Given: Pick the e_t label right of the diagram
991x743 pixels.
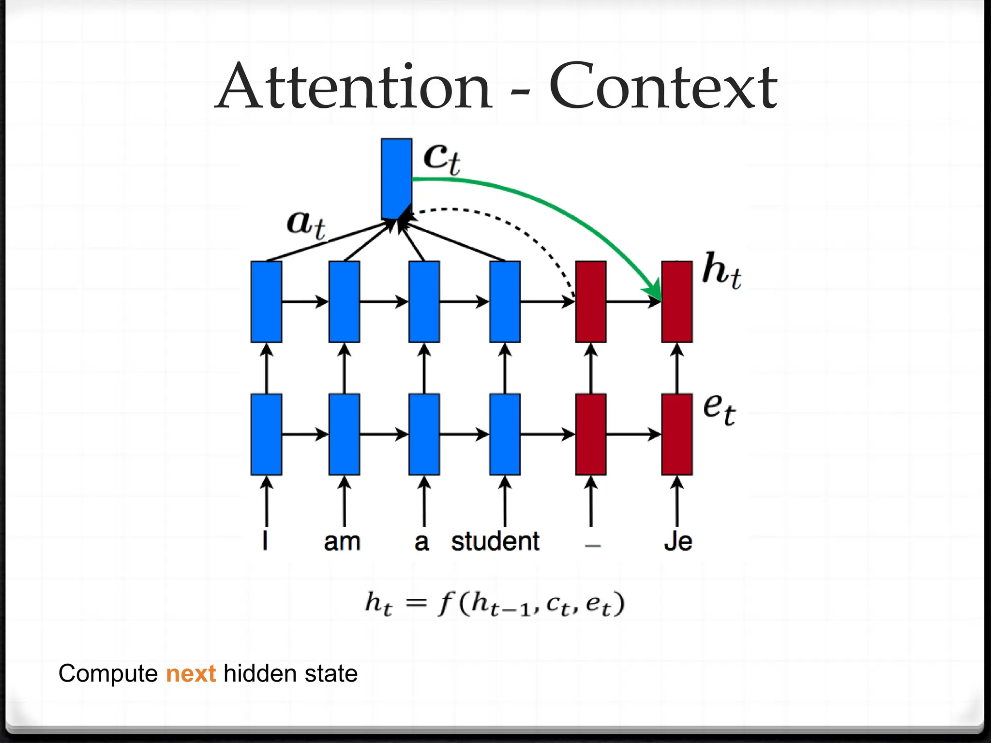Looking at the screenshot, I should [x=719, y=409].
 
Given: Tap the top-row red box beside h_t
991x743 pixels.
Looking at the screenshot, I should [x=676, y=301].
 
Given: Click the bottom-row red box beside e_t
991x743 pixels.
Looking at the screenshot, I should [x=676, y=434].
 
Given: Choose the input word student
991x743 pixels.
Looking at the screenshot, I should [x=495, y=541].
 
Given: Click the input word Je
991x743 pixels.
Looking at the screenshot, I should [x=677, y=541].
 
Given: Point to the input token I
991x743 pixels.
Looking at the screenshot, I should [x=265, y=540].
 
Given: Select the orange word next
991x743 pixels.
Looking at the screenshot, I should [x=191, y=674].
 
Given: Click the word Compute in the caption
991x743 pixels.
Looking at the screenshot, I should [x=108, y=674].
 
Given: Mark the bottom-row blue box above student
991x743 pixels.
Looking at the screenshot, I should [x=505, y=434].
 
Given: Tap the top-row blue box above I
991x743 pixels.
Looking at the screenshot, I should [x=266, y=301].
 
